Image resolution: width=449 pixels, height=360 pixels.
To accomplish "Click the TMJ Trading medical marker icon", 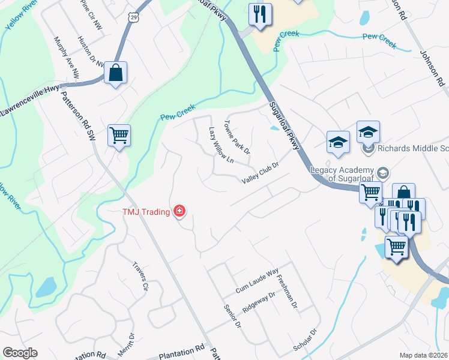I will (x=179, y=211).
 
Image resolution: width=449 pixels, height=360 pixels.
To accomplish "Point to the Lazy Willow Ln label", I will (x=221, y=145).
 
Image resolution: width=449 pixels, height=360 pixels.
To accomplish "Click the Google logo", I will (x=20, y=353).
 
